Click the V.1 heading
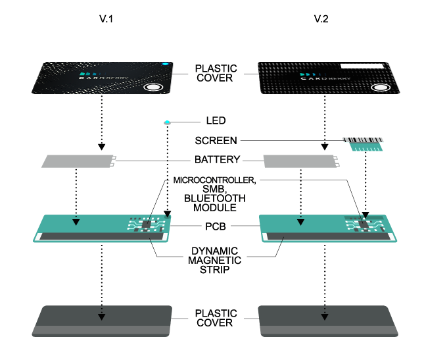tap(106, 19)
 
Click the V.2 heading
tap(321, 19)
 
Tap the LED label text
tap(215, 121)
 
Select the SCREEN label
tap(216, 140)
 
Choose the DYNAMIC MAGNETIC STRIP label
tap(216, 261)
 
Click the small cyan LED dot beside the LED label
tap(167, 122)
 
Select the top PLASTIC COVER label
tap(215, 72)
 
